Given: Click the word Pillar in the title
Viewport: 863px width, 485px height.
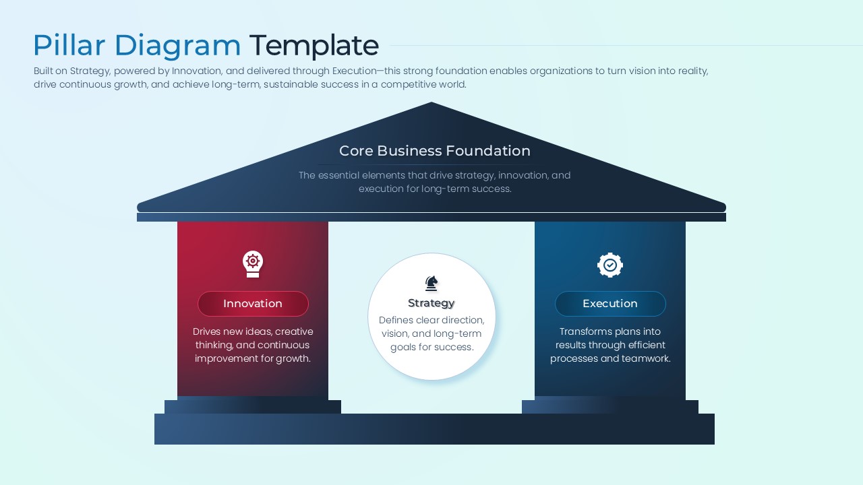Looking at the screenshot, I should (x=69, y=46).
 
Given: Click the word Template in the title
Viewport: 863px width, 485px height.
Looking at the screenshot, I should (x=314, y=46).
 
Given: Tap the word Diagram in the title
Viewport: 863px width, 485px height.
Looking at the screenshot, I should (x=177, y=46).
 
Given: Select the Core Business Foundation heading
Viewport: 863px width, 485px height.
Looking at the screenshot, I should (x=434, y=151).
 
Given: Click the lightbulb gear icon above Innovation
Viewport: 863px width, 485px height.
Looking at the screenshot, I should (x=253, y=264).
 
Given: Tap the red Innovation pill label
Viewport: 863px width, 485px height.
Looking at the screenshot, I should (x=253, y=304).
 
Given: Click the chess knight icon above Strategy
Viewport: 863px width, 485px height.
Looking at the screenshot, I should (x=431, y=283).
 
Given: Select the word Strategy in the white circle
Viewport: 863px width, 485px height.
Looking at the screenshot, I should (x=431, y=303).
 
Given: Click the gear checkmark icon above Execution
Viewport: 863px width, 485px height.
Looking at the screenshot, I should (x=609, y=265).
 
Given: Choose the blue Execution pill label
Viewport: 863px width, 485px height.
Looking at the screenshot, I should (x=609, y=304).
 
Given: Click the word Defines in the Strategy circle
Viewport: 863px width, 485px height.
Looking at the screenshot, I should (x=396, y=320).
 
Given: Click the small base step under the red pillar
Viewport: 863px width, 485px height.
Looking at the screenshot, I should (x=253, y=406).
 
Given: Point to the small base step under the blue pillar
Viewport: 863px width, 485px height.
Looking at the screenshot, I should (x=609, y=406).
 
